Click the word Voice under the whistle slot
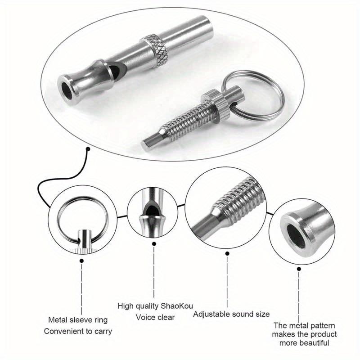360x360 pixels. tap(145, 317)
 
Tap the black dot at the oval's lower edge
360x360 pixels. tap(89, 148)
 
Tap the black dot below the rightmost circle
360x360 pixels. tap(299, 270)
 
